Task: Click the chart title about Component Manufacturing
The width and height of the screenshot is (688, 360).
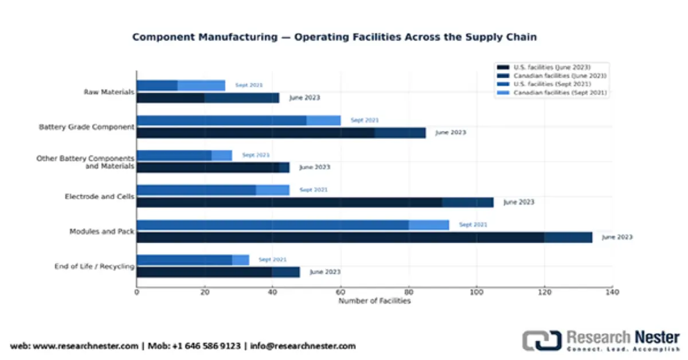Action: (x=334, y=37)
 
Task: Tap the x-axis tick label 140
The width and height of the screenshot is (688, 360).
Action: (x=612, y=292)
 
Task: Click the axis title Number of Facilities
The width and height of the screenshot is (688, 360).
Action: (x=374, y=301)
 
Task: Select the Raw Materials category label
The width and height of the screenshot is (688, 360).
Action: (x=109, y=92)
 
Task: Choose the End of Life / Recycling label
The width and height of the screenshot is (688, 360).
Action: (x=95, y=266)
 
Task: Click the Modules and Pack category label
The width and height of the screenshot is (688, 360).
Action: (x=102, y=232)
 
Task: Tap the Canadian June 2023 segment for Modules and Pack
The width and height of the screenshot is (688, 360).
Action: (x=568, y=237)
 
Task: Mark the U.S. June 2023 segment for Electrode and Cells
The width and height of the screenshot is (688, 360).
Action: (x=290, y=202)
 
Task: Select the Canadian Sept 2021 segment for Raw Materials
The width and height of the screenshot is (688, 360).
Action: (x=201, y=85)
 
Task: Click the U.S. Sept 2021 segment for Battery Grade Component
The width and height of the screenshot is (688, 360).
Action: (x=222, y=120)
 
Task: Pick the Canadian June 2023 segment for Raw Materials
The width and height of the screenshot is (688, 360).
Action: (x=241, y=98)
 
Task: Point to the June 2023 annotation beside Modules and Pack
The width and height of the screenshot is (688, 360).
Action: (x=617, y=237)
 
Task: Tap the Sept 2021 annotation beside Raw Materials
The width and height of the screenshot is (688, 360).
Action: (x=249, y=85)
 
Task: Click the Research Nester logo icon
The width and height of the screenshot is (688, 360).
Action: (x=541, y=340)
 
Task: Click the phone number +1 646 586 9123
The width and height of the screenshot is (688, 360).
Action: (x=209, y=346)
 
